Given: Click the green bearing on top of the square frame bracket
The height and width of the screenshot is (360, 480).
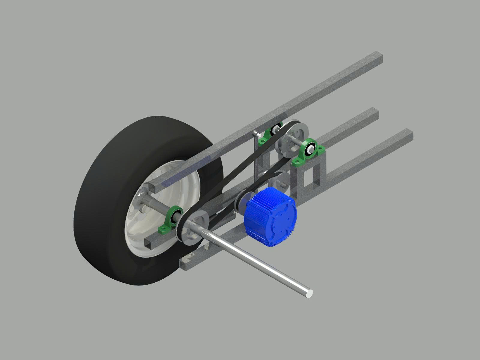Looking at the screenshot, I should (x=309, y=151).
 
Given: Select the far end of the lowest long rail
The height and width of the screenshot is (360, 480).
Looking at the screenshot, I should (x=408, y=135).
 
